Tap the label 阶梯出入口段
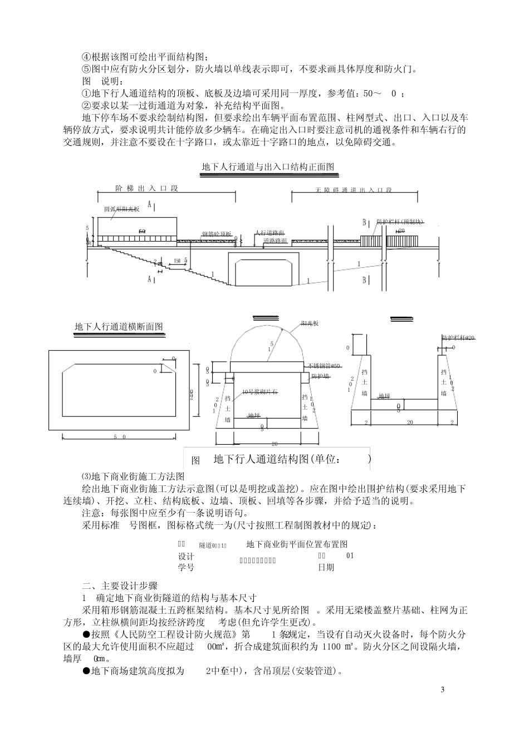146,189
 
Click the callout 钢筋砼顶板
217,234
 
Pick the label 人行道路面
271,232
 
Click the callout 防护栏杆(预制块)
400,222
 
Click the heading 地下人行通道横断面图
119,327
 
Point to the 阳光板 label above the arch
309,323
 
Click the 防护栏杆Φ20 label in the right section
458,338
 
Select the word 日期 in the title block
326,567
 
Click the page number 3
442,691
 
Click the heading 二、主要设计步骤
120,585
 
